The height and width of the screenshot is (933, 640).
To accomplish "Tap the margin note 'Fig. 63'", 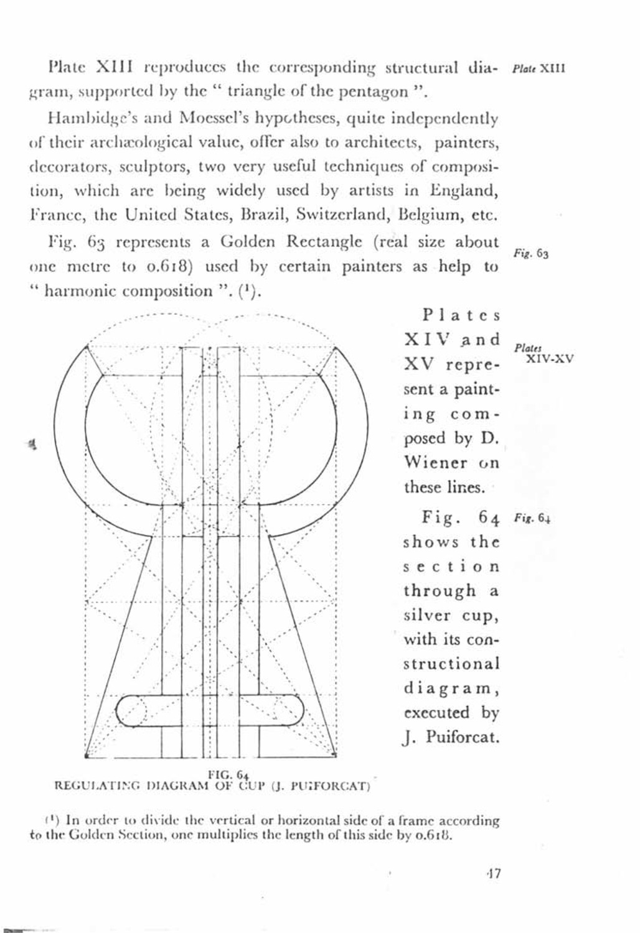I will (x=530, y=254).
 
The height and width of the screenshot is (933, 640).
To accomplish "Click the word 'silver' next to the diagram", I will (x=426, y=615).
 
